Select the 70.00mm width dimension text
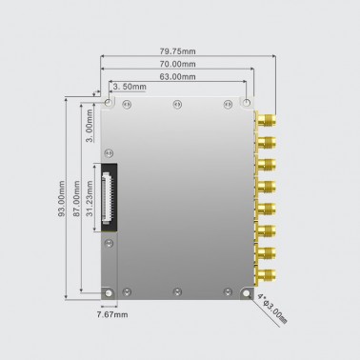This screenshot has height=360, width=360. [178, 63]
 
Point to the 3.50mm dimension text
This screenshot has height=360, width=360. [130, 87]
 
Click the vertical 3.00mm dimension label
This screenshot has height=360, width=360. [89, 126]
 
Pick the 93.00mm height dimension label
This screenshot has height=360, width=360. [62, 201]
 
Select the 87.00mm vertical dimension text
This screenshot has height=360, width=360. [76, 201]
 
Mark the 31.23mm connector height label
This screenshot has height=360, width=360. [90, 201]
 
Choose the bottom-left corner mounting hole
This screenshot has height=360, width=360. [110, 290]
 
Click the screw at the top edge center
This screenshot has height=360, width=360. [176, 104]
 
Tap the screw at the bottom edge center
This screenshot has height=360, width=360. [176, 290]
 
